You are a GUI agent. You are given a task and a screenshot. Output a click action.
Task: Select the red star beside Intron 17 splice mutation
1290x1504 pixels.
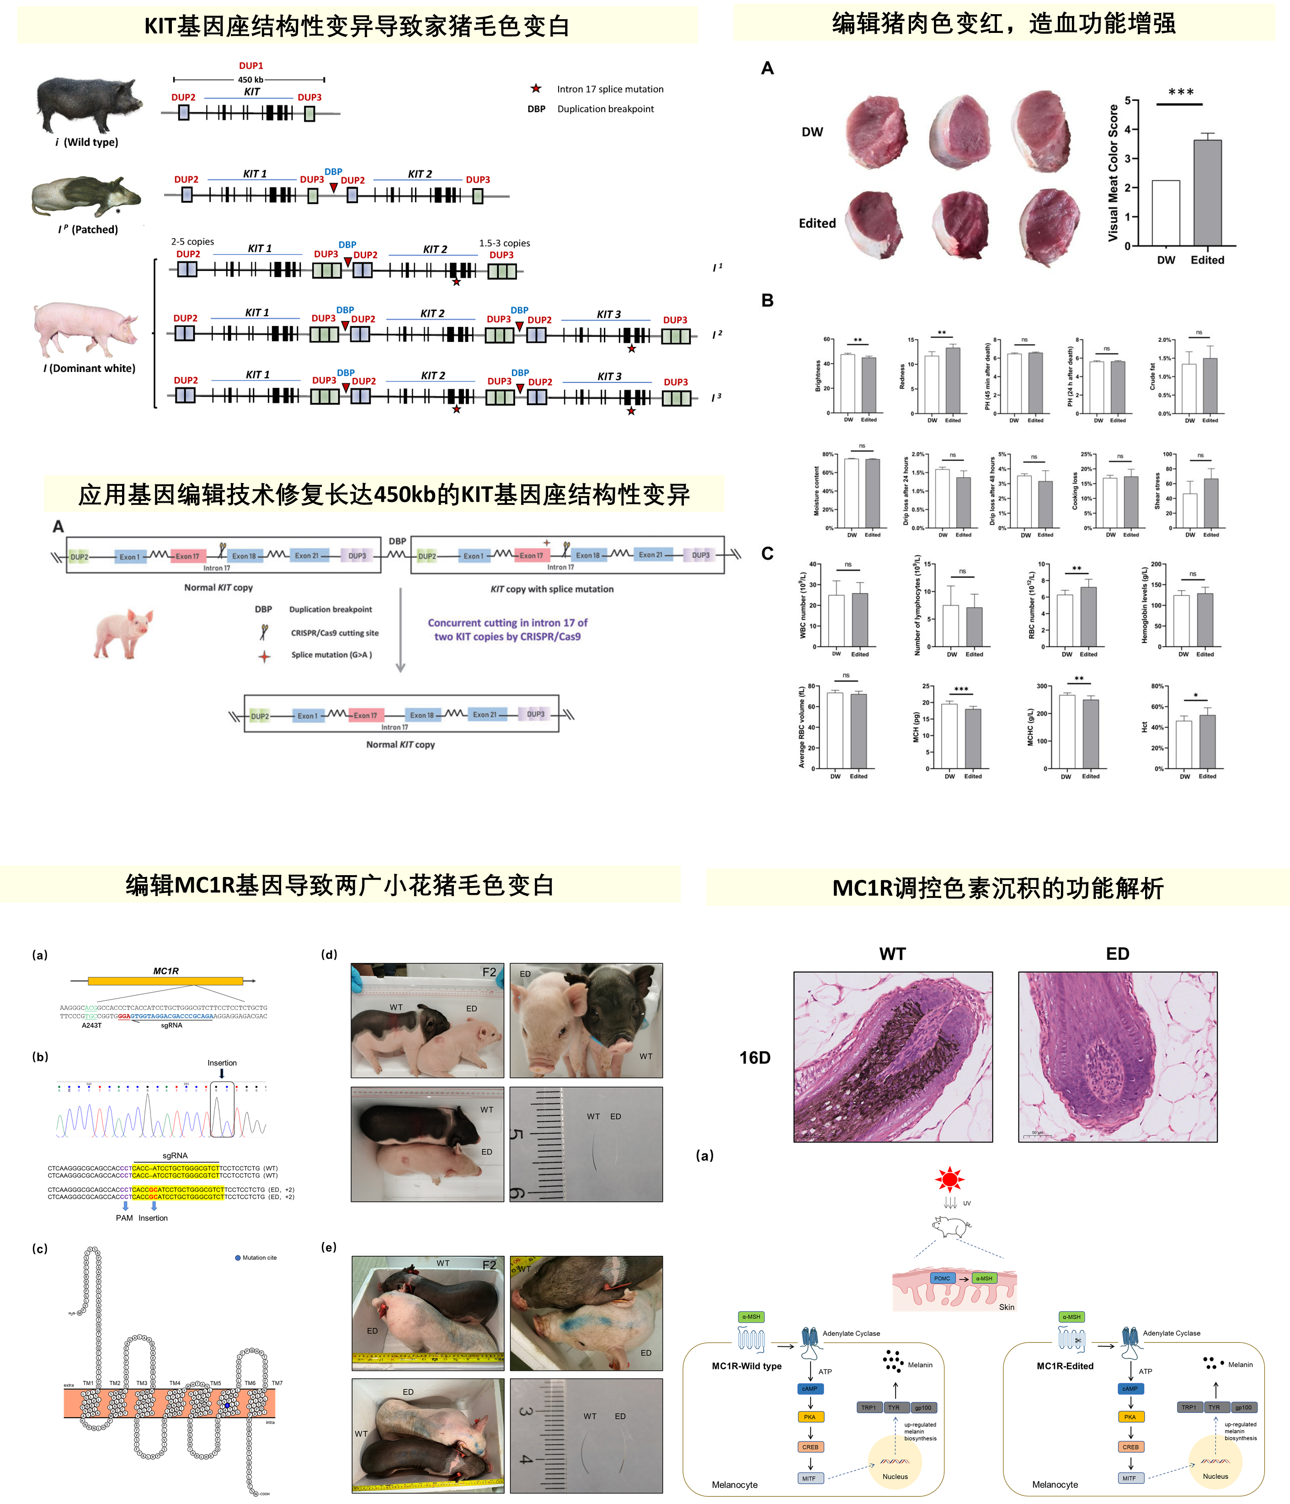[536, 89]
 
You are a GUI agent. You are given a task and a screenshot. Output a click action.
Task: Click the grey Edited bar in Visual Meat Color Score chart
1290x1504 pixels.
[1207, 192]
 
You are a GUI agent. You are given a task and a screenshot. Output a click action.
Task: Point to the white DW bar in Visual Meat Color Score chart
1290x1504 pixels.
[1165, 213]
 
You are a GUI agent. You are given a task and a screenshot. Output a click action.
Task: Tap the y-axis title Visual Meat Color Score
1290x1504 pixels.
[1113, 173]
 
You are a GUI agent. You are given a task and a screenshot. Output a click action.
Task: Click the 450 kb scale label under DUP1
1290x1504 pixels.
[251, 80]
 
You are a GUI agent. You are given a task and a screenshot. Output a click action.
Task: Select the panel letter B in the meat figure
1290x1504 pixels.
[768, 301]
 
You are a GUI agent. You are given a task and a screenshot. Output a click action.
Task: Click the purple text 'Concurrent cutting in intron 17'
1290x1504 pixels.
[507, 623]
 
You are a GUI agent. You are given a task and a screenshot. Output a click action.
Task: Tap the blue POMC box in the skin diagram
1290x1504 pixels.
[942, 1278]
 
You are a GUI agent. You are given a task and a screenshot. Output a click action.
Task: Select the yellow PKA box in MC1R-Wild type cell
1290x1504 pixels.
[810, 1417]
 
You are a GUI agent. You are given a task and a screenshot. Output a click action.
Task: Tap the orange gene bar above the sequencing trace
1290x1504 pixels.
[165, 981]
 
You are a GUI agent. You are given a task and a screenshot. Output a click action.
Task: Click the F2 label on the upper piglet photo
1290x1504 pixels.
[489, 973]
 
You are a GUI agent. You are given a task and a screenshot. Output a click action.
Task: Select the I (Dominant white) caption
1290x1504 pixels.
[89, 368]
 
